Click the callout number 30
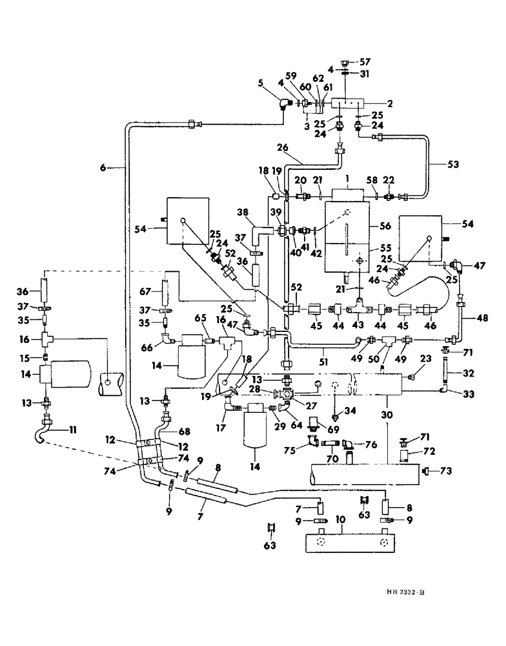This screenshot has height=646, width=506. [x=386, y=416]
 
